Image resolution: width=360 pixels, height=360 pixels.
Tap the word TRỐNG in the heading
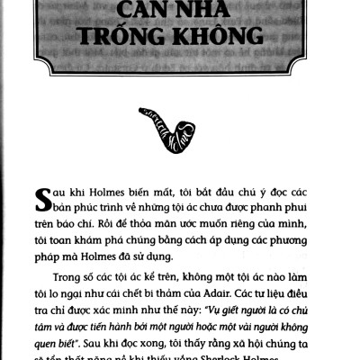[135, 39]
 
